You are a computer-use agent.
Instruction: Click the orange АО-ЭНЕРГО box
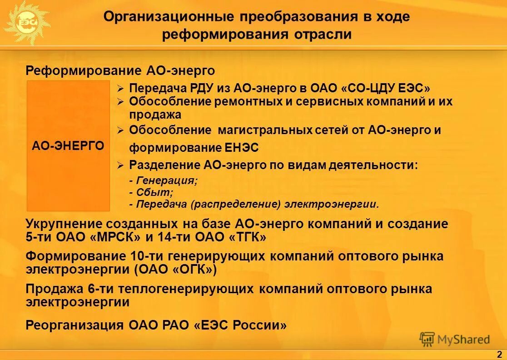point(68,146)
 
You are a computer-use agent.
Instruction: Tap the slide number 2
point(499,354)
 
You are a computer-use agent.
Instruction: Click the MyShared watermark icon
point(427,339)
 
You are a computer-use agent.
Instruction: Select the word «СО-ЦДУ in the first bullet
point(368,88)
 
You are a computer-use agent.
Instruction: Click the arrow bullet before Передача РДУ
point(120,88)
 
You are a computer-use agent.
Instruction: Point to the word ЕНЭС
point(242,148)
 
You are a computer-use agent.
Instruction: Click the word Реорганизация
point(75,325)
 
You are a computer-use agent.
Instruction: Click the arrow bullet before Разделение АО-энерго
point(120,165)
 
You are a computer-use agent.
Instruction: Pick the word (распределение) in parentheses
point(236,204)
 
